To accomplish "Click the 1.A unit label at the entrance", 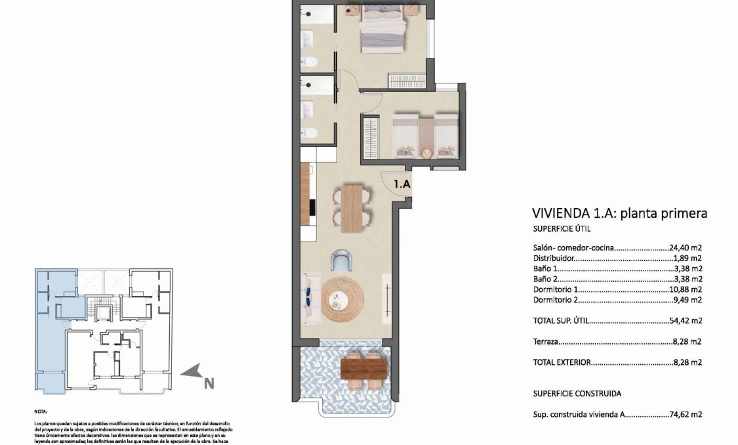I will [x=402, y=184].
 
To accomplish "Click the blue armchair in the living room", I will [x=341, y=261].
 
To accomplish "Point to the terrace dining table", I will [x=362, y=366].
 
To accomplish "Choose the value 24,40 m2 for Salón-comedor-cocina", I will [x=686, y=248].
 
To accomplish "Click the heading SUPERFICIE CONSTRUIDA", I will [x=576, y=393].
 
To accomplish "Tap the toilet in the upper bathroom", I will [x=310, y=62].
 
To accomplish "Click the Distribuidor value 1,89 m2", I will [x=688, y=259].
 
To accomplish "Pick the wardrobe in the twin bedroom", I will [x=371, y=137].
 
